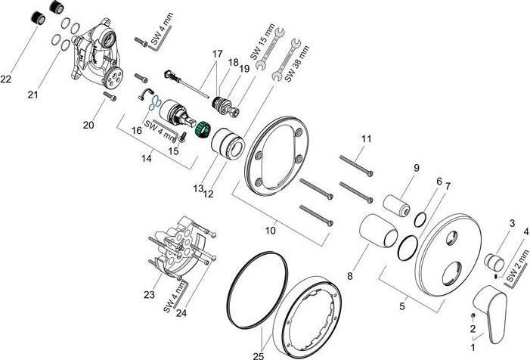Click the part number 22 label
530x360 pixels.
tap(6, 79)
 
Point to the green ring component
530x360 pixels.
tap(202, 131)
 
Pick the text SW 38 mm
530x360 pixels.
tap(299, 57)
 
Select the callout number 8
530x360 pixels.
tap(350, 277)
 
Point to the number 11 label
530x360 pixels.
tap(366, 139)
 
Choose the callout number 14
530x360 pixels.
tap(147, 157)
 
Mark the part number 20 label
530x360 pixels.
tap(89, 124)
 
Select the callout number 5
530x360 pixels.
tap(402, 306)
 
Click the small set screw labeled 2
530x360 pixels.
tap(472, 315)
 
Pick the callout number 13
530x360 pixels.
tap(199, 188)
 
